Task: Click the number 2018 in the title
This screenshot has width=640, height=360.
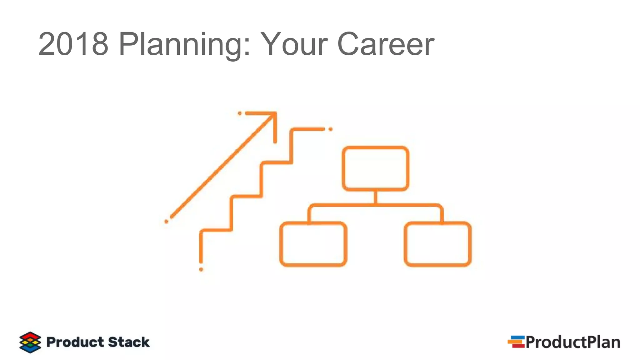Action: tap(73, 44)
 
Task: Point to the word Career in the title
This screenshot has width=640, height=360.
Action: tap(386, 44)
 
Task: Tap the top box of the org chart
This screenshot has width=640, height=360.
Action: tap(375, 168)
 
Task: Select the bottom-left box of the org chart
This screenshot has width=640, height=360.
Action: tap(313, 244)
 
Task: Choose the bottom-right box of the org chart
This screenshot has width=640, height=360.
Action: tap(437, 244)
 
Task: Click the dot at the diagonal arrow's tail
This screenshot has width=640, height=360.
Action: tap(166, 222)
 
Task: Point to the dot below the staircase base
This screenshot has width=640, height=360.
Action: tap(201, 269)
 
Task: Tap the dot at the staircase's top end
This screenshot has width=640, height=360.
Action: tap(331, 129)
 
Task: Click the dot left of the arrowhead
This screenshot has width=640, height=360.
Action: tap(240, 113)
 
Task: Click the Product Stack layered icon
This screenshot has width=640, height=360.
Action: tap(30, 342)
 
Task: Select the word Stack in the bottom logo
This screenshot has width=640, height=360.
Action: tap(129, 342)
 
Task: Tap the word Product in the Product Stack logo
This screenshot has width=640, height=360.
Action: tap(75, 342)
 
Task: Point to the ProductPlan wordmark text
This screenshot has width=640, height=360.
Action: tap(573, 342)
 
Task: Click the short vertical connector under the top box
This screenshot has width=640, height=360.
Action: tap(375, 197)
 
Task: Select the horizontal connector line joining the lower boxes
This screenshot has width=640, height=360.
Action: tap(375, 205)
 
